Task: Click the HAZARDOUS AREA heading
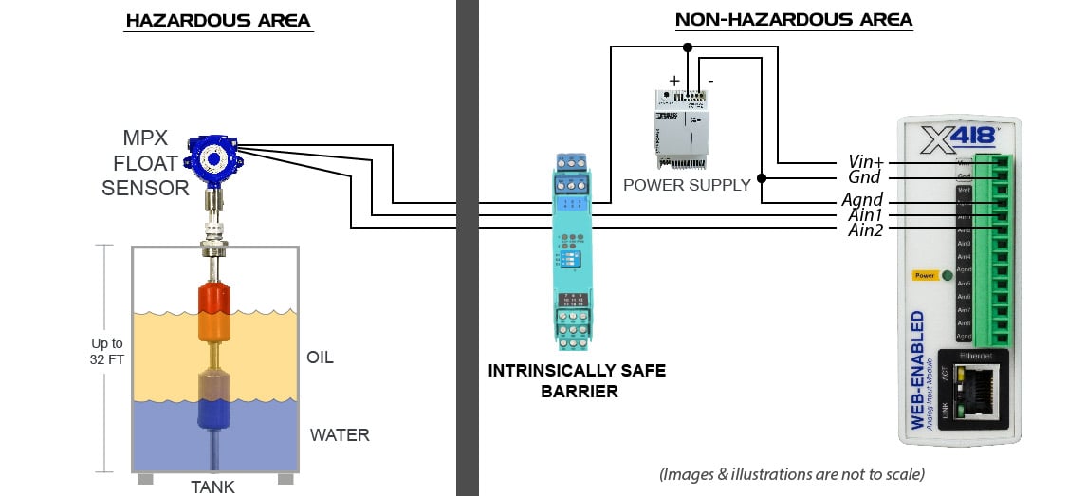(218, 20)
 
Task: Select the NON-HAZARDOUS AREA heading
(793, 19)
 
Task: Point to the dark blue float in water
(213, 413)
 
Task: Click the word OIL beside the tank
(321, 358)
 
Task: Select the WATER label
(340, 435)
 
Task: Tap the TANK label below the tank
(213, 487)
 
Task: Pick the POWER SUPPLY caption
(687, 184)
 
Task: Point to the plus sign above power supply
(674, 82)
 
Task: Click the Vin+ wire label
(865, 162)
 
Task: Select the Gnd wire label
(865, 177)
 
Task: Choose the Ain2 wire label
(866, 230)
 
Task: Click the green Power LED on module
(946, 276)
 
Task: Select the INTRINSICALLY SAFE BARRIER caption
(577, 379)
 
